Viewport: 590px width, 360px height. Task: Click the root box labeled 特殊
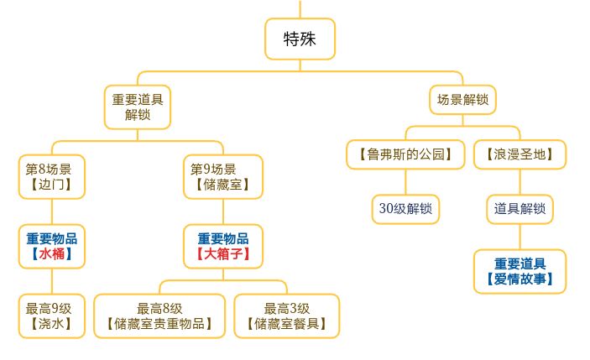click(x=300, y=39)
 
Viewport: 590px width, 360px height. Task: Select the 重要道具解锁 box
click(x=138, y=107)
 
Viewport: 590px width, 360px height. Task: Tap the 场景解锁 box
click(x=462, y=101)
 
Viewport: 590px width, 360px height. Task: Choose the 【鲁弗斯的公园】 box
click(x=405, y=154)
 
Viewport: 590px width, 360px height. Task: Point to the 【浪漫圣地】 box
click(x=520, y=154)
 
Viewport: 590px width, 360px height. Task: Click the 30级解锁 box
click(x=405, y=208)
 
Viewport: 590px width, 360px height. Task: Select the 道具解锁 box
click(x=520, y=208)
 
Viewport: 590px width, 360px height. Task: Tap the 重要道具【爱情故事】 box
click(x=520, y=270)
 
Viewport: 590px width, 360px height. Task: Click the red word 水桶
click(x=52, y=253)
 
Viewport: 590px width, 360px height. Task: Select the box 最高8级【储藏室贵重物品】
click(x=159, y=316)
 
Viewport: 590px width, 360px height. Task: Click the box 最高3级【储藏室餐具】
click(x=288, y=316)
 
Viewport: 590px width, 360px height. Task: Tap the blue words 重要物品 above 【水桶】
click(x=52, y=238)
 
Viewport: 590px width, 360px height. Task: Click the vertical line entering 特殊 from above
click(x=300, y=8)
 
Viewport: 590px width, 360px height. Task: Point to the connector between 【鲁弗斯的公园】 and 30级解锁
click(x=405, y=181)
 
